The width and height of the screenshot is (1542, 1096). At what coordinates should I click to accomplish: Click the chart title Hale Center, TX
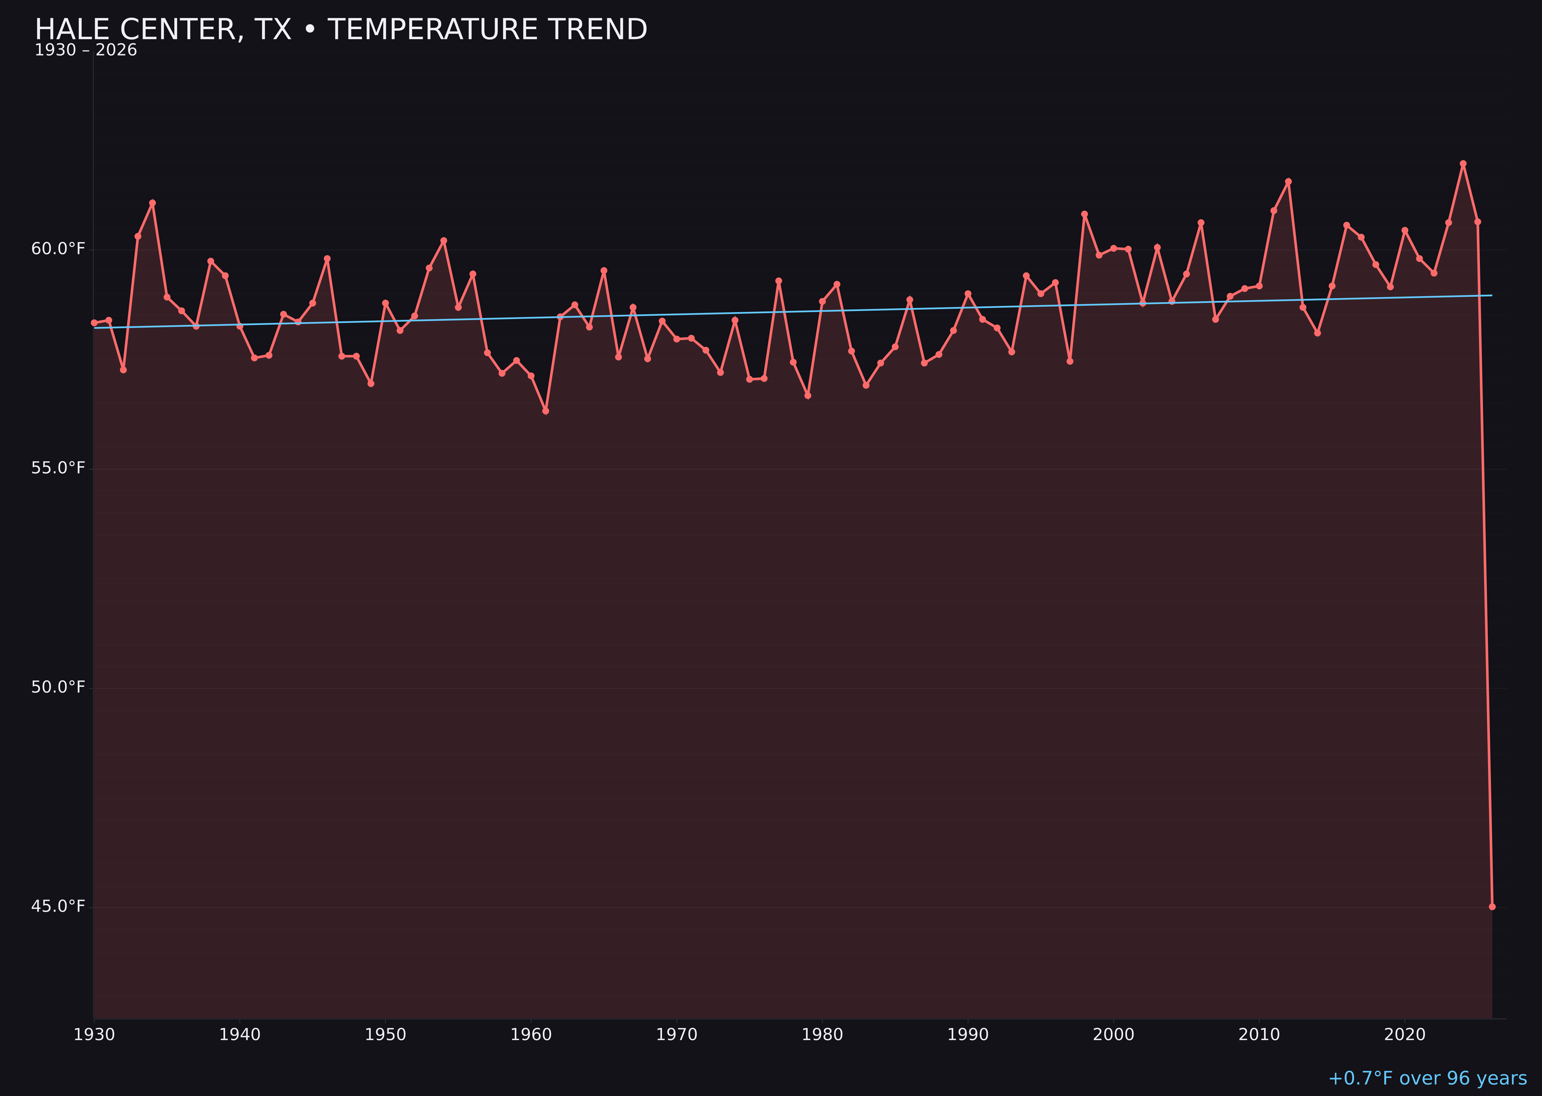pos(341,30)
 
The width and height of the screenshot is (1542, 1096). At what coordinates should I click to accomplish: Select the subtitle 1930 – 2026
pos(86,50)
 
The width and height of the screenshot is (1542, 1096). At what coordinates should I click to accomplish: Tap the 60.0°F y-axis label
pos(58,249)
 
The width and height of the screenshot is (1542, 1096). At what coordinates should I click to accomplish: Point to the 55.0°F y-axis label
pos(58,468)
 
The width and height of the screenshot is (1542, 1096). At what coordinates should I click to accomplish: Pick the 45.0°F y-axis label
pos(58,906)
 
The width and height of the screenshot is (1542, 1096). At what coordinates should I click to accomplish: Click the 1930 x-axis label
pos(94,1035)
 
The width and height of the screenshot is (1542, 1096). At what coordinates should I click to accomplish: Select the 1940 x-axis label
pos(240,1035)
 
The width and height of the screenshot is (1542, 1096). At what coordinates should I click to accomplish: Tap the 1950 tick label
pos(385,1035)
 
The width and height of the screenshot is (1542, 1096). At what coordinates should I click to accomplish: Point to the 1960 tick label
pos(531,1035)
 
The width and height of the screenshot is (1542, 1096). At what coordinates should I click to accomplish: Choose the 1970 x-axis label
pos(677,1035)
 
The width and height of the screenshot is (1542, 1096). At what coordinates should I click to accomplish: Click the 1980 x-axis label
pos(822,1035)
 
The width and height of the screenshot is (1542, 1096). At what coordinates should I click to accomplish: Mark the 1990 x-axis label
pos(968,1035)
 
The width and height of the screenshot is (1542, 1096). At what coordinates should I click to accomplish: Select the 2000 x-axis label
pos(1113,1035)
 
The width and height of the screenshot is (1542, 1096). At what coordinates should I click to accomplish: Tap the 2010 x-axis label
pos(1259,1035)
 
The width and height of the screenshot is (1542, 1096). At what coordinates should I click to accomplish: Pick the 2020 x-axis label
pos(1405,1035)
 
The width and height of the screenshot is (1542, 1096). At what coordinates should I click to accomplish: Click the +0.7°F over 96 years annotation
pos(1427,1078)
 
